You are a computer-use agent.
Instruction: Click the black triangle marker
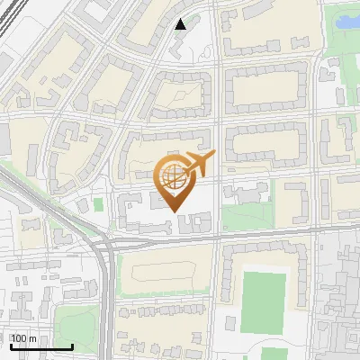point(181,24)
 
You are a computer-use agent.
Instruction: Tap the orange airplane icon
point(198,164)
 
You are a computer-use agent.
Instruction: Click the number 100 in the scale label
point(19,338)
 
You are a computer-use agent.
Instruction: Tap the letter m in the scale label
point(32,338)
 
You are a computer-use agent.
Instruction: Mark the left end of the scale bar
point(10,347)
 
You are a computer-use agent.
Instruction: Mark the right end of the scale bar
point(73,347)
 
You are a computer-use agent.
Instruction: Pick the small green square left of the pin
point(98,205)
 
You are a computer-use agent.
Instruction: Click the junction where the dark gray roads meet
point(108,245)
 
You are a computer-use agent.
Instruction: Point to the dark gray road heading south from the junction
point(107,306)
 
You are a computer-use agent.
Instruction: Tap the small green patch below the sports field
point(270,354)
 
